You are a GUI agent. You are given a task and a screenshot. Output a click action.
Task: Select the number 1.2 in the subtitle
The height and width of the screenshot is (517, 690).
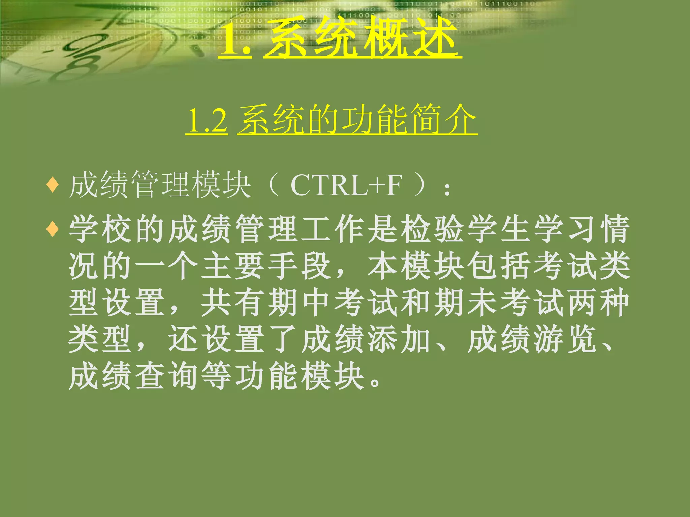coord(207,120)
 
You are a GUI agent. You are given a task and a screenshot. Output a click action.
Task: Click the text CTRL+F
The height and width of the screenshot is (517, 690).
coord(346,185)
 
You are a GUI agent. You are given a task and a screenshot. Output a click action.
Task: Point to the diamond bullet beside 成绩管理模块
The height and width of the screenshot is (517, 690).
coord(53,185)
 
